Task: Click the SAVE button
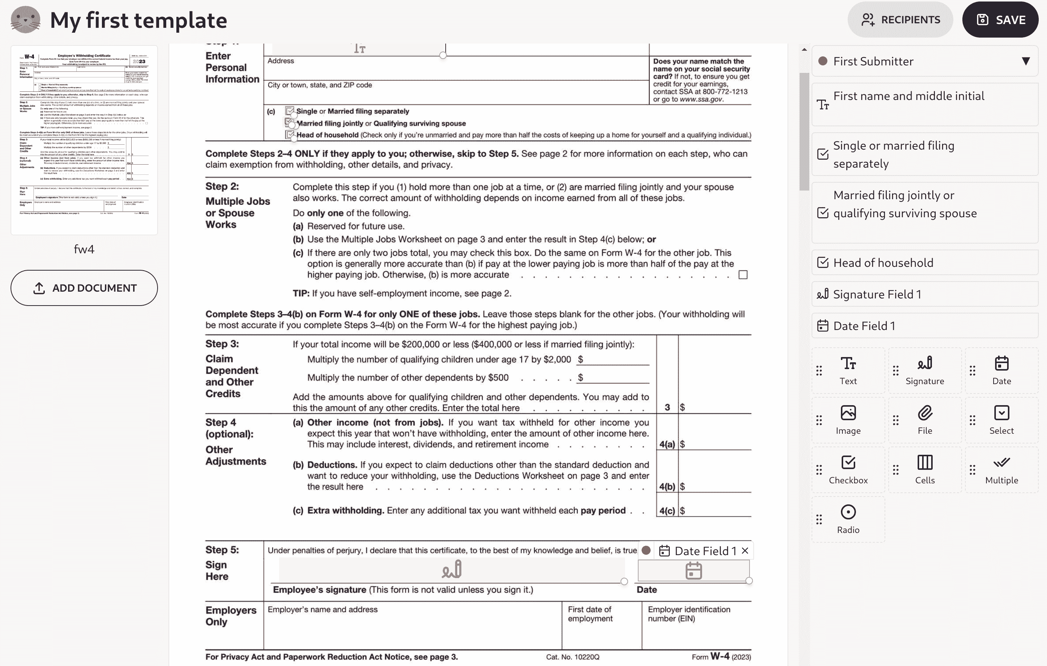coord(1000,20)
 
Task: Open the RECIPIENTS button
coord(900,20)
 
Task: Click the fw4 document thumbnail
coord(84,140)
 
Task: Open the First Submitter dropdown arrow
coord(1026,61)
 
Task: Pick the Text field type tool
coord(848,370)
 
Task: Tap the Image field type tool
coord(848,420)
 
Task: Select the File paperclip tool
coord(925,420)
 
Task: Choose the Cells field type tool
coord(925,469)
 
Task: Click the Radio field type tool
coord(848,519)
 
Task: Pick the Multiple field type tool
coord(1001,469)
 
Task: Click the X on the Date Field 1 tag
coord(745,551)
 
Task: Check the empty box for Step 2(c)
coord(743,275)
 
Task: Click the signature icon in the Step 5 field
coord(452,569)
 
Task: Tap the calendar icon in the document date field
coord(693,571)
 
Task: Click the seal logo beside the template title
coord(25,20)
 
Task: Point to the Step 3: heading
coord(222,344)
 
